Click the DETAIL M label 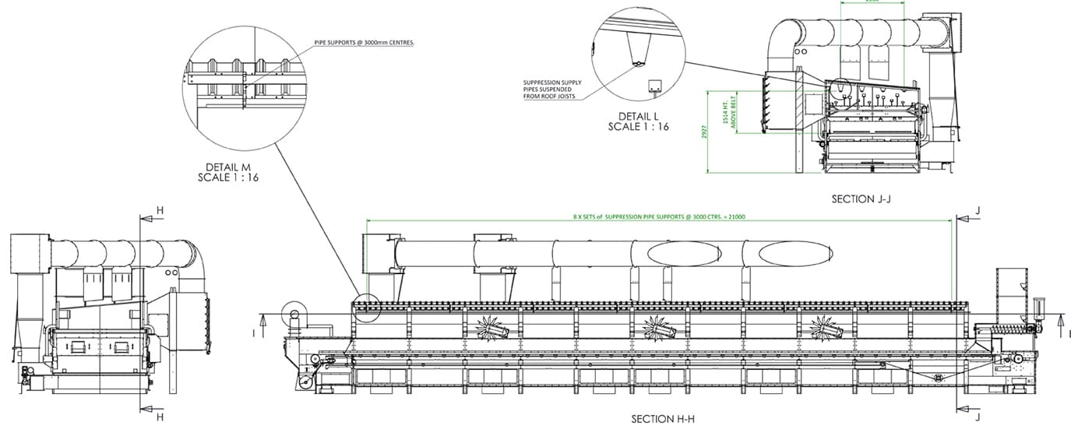(x=228, y=167)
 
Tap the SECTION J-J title (x=861, y=199)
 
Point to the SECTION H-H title (x=662, y=419)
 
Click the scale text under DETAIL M (x=228, y=178)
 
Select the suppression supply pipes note (x=552, y=90)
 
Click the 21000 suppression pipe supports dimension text (x=659, y=216)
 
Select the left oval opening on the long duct (x=683, y=253)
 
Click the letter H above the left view (x=160, y=211)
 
